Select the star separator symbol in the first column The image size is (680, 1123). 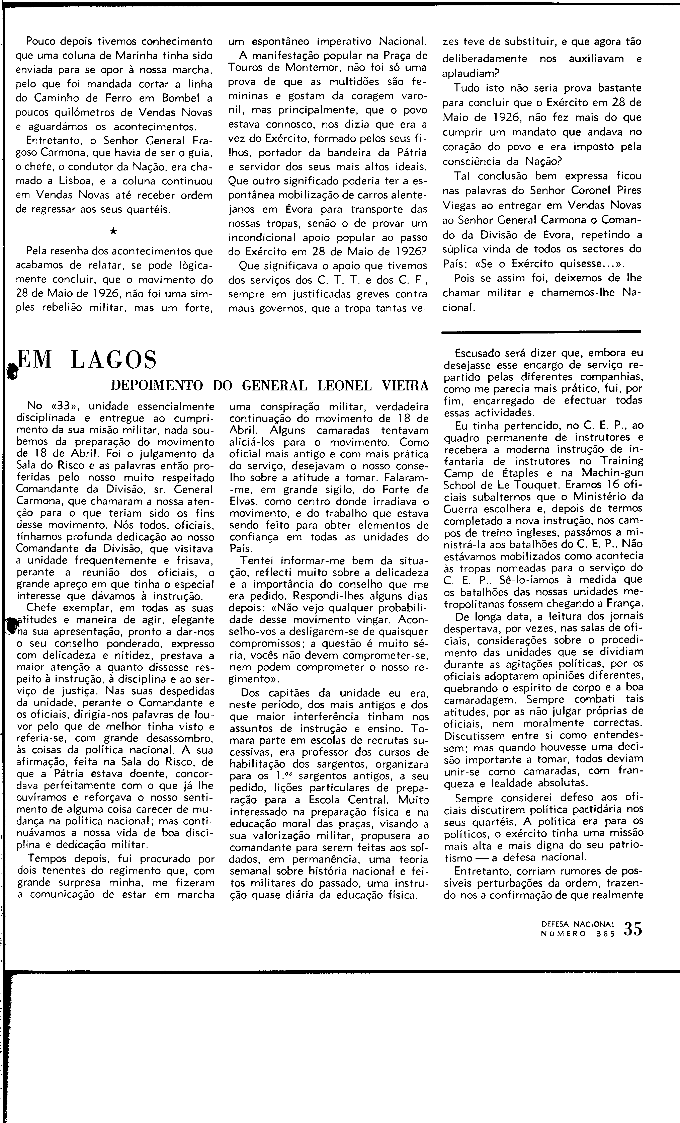click(x=113, y=231)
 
